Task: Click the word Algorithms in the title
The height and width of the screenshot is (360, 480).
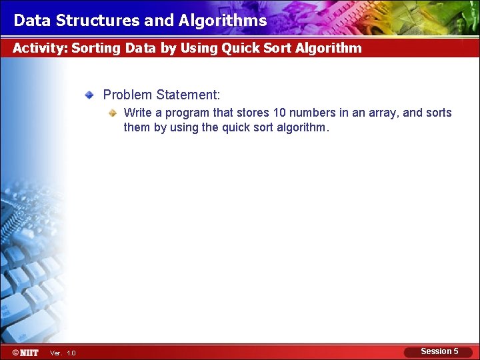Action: (223, 21)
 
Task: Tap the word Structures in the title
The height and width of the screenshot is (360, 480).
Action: (98, 21)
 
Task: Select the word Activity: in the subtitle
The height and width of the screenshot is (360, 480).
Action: (40, 48)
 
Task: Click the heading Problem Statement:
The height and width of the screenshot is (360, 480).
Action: (161, 95)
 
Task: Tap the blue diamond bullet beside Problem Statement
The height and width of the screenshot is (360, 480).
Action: (89, 95)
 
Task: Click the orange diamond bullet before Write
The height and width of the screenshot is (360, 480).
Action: (113, 113)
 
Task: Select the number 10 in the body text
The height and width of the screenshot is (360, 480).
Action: (279, 113)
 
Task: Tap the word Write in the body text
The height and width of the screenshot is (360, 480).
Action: (138, 113)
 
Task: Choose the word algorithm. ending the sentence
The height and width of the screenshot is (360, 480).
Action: (302, 127)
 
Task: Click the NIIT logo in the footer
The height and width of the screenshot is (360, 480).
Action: (25, 352)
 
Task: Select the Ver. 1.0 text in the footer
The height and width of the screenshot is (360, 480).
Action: (63, 353)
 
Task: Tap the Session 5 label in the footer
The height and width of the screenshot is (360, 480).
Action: (439, 351)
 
